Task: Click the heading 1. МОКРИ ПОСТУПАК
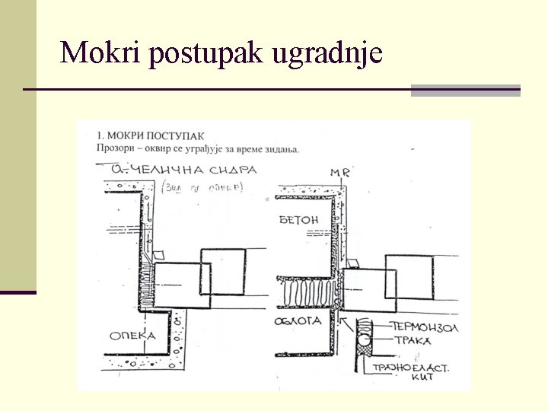[150, 135]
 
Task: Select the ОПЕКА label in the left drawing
[132, 335]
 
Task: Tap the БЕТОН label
[298, 220]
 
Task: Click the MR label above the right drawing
[340, 173]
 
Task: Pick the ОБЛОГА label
[300, 321]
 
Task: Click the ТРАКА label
[412, 340]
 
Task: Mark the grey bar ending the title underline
[465, 91]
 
